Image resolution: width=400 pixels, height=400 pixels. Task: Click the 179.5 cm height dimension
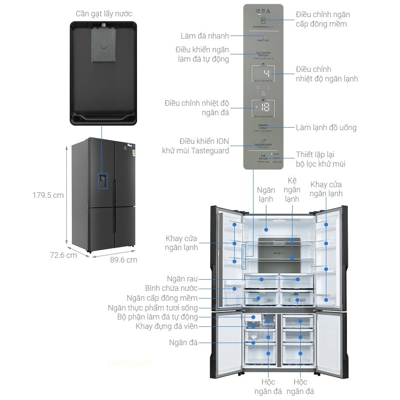coord(48,195)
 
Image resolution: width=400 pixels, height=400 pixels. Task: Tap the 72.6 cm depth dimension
coord(63,255)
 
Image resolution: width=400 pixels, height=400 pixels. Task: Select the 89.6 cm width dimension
coord(123,260)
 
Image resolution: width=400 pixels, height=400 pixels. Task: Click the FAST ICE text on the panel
coord(263,40)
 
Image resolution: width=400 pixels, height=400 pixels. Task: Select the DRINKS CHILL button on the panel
coord(263,127)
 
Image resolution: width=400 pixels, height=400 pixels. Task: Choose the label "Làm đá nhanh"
coord(205,36)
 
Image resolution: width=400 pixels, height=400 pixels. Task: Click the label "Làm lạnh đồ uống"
coord(326,127)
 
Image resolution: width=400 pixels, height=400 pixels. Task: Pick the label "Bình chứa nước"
coord(171,288)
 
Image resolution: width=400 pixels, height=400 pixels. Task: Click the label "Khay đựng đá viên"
coord(167,326)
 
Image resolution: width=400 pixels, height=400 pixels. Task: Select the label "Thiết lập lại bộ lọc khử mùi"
coord(320,158)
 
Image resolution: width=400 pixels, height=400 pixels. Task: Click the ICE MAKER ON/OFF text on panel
coord(263,55)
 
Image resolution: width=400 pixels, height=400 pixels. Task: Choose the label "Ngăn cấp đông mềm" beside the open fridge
coord(162,298)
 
